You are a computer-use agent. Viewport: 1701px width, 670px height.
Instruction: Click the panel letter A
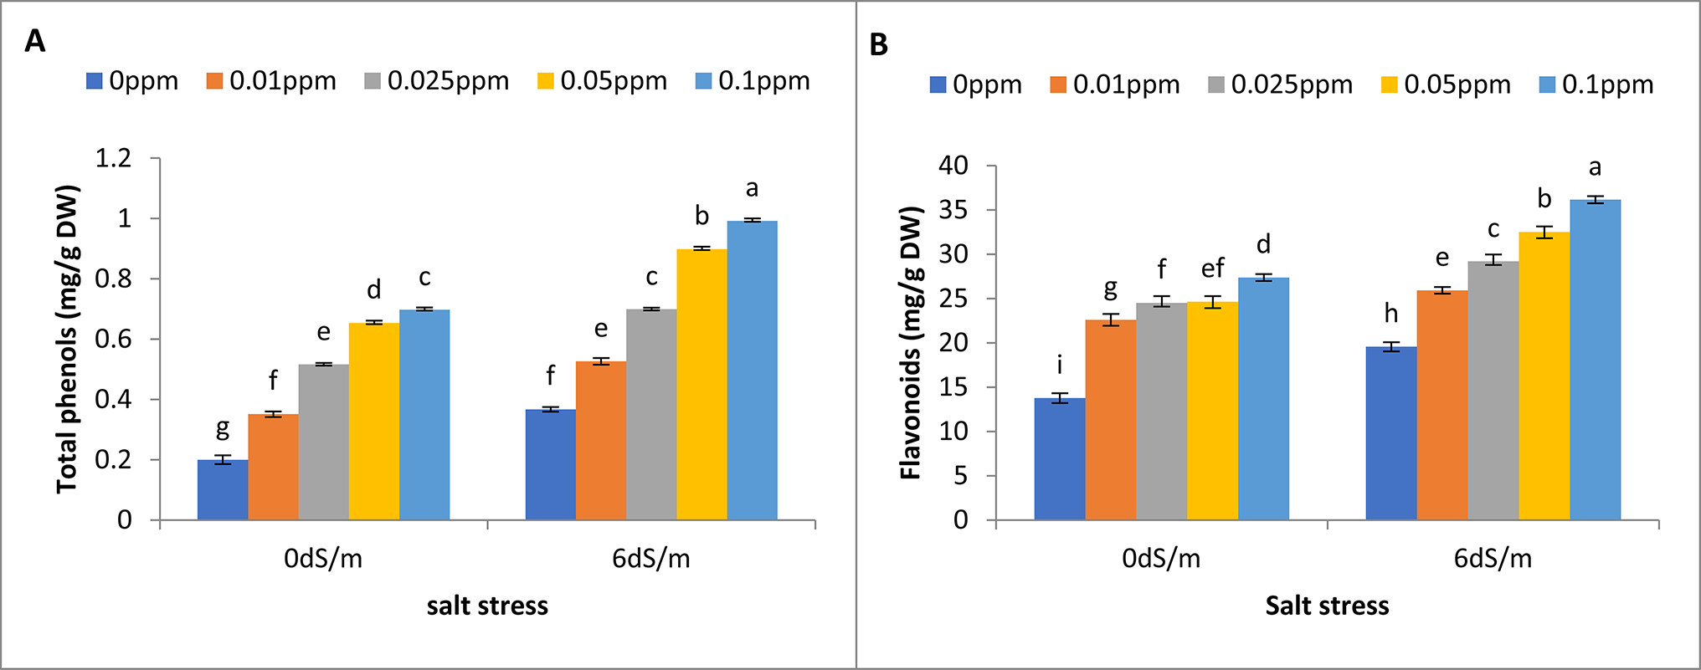34,40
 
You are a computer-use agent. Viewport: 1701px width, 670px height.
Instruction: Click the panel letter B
878,44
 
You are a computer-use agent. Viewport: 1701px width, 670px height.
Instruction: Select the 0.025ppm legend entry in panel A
437,81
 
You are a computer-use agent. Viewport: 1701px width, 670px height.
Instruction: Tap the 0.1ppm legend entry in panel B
1596,84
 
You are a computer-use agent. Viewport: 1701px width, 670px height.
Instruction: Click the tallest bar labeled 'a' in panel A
752,370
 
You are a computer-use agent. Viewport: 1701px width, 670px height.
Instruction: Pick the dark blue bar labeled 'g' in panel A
223,489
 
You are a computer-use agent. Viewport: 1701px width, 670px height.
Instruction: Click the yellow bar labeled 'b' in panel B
1544,376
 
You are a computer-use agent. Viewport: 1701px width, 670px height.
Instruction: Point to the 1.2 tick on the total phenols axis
114,158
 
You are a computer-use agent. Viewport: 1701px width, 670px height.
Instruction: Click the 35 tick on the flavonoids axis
953,210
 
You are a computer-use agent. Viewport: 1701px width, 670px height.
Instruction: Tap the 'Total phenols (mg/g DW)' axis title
68,340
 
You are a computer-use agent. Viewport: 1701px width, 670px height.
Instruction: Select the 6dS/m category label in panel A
651,559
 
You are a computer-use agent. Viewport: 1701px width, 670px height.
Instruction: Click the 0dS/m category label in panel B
1161,559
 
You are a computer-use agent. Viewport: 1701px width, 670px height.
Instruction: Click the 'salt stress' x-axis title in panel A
487,606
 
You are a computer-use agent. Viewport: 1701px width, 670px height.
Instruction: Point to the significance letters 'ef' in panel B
1212,269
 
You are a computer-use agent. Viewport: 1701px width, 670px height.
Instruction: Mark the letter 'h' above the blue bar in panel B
1390,314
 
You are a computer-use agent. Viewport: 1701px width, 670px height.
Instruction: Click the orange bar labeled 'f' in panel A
273,467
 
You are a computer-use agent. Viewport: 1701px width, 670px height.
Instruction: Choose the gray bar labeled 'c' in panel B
1493,390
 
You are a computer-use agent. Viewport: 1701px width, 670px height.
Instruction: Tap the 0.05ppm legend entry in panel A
602,81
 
